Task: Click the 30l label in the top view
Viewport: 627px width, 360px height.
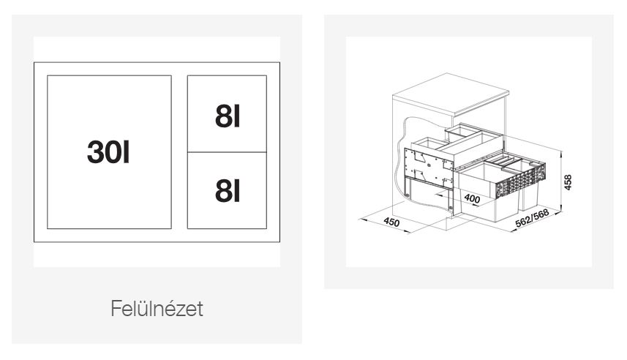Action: coord(108,152)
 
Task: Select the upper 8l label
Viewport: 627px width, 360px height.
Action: coord(228,117)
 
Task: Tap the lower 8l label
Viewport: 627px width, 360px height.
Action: coord(228,191)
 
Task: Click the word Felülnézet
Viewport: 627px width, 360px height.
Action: coord(157,308)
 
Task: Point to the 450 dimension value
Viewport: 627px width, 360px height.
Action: coord(391,222)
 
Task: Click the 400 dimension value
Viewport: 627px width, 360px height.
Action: coord(472,198)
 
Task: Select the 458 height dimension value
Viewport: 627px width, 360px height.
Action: coord(568,182)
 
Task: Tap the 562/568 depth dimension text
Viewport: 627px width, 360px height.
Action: coord(532,219)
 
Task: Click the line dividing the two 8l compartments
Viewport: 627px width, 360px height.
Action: coord(227,152)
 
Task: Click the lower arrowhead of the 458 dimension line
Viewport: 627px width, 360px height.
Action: coord(561,208)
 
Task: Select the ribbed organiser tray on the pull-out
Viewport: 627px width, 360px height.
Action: coord(505,161)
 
